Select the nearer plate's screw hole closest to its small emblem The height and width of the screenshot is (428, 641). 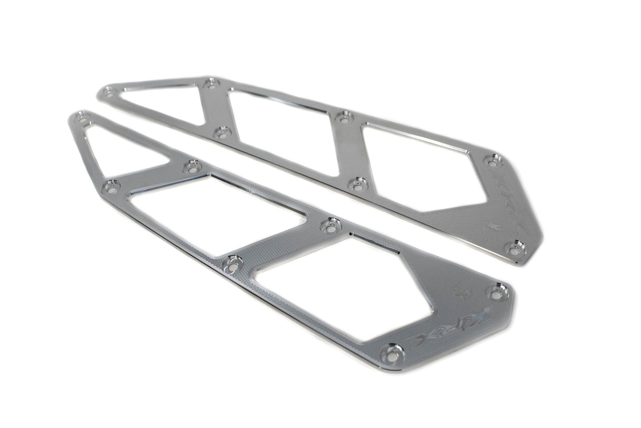(496, 291)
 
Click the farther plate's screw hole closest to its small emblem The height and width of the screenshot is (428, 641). (513, 247)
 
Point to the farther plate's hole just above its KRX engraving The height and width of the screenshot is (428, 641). (493, 159)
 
